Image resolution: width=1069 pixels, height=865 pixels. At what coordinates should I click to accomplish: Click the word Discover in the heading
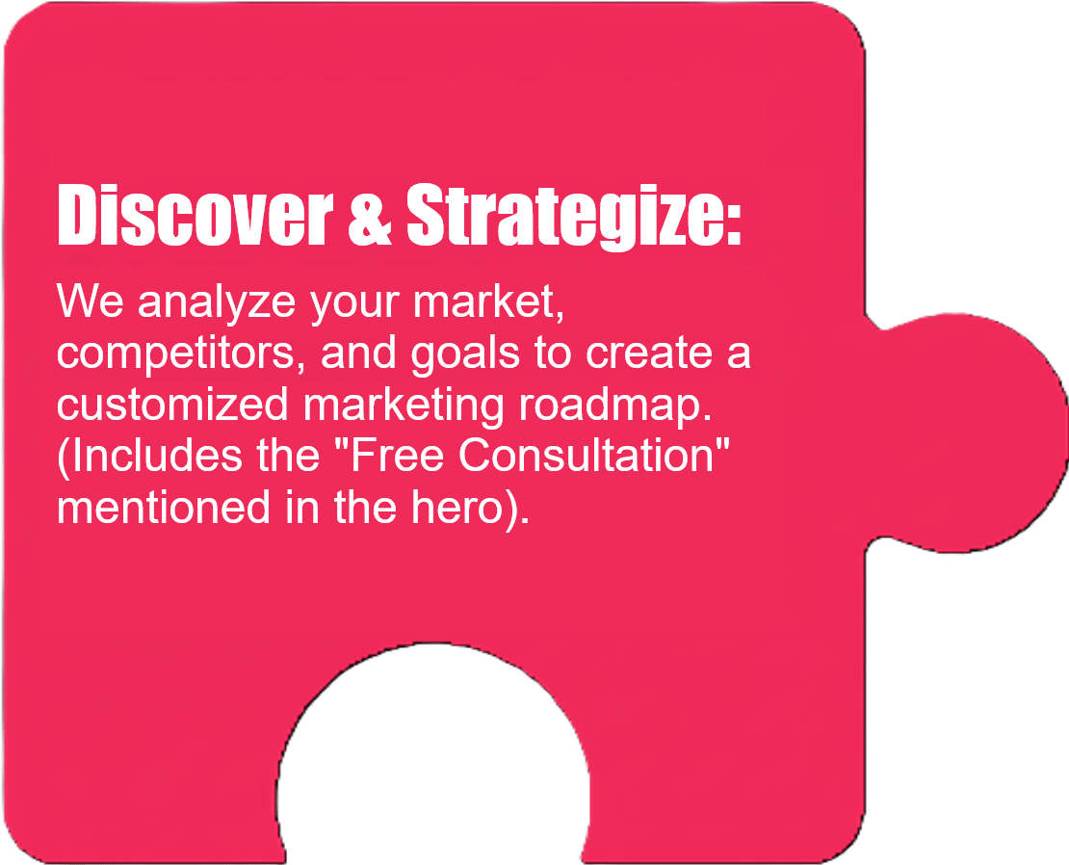coord(196,215)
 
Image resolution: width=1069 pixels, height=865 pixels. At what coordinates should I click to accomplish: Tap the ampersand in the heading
coord(370,216)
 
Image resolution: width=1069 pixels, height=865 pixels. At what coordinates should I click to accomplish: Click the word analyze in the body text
coord(217,301)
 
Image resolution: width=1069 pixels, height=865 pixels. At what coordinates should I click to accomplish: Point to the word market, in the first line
coord(489,301)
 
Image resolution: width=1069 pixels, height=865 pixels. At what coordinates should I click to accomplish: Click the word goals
coord(466,354)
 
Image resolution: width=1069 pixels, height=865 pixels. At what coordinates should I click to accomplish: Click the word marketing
coord(404,406)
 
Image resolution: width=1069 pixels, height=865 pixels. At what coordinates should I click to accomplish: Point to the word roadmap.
coord(615,406)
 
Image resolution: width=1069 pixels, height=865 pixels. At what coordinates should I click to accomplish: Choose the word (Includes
coord(150,455)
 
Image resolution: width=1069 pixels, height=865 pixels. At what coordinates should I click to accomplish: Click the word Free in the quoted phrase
coord(390,455)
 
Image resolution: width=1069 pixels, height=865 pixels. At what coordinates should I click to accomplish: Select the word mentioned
coord(164,507)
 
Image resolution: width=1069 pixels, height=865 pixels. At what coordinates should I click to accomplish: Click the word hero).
coord(470,507)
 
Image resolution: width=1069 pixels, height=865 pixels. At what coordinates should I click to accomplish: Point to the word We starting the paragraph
coord(90,301)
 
